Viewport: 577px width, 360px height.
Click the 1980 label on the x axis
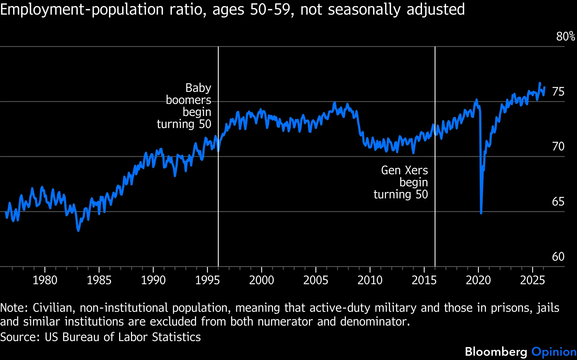pyautogui.click(x=45, y=280)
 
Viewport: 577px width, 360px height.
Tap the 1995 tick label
pyautogui.click(x=207, y=280)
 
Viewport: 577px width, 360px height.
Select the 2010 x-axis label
pyautogui.click(x=370, y=280)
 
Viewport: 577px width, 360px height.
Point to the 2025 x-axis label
pyautogui.click(x=532, y=280)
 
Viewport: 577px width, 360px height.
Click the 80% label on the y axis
pyautogui.click(x=565, y=36)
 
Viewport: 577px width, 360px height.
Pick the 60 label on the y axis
pyautogui.click(x=558, y=257)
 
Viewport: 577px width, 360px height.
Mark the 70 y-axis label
pyautogui.click(x=558, y=146)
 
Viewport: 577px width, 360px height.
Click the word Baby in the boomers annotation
pyautogui.click(x=198, y=88)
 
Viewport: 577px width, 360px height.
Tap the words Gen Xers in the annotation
pyautogui.click(x=404, y=170)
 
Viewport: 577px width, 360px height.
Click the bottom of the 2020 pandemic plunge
pyautogui.click(x=481, y=213)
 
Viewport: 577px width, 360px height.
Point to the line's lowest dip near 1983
pyautogui.click(x=78, y=230)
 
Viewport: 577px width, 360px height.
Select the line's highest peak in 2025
pyautogui.click(x=540, y=83)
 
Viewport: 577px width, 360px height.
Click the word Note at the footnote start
pyautogui.click(x=13, y=308)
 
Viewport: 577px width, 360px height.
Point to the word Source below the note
pyautogui.click(x=20, y=337)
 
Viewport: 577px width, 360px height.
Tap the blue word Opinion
pyautogui.click(x=554, y=352)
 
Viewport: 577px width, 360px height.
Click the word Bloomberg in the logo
pyautogui.click(x=496, y=352)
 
